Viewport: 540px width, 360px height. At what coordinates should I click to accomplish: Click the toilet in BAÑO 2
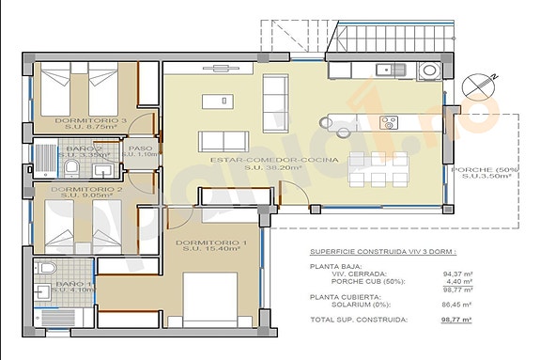(72, 166)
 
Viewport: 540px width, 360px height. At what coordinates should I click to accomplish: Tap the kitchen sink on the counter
(385, 70)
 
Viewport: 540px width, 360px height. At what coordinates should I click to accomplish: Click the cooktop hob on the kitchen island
(388, 121)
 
